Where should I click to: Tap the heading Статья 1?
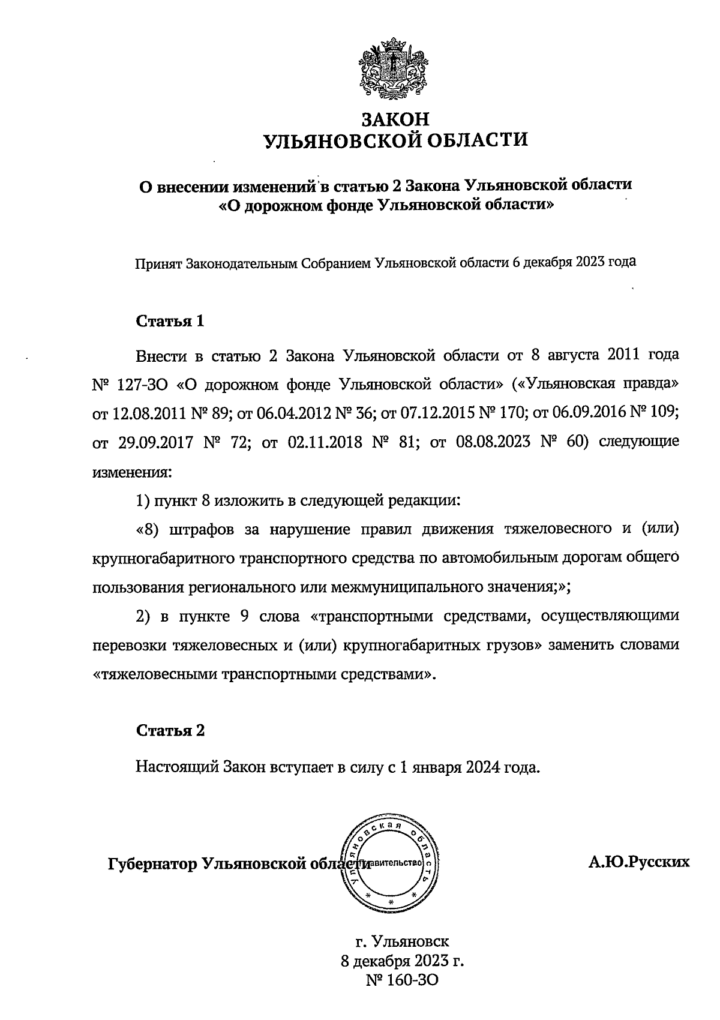coord(170,321)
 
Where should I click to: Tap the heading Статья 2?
coord(170,730)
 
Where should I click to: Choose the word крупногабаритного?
coord(172,558)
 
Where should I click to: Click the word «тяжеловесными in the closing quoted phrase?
coord(155,674)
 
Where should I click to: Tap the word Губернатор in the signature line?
coord(152,864)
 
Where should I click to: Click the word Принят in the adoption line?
coord(159,263)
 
